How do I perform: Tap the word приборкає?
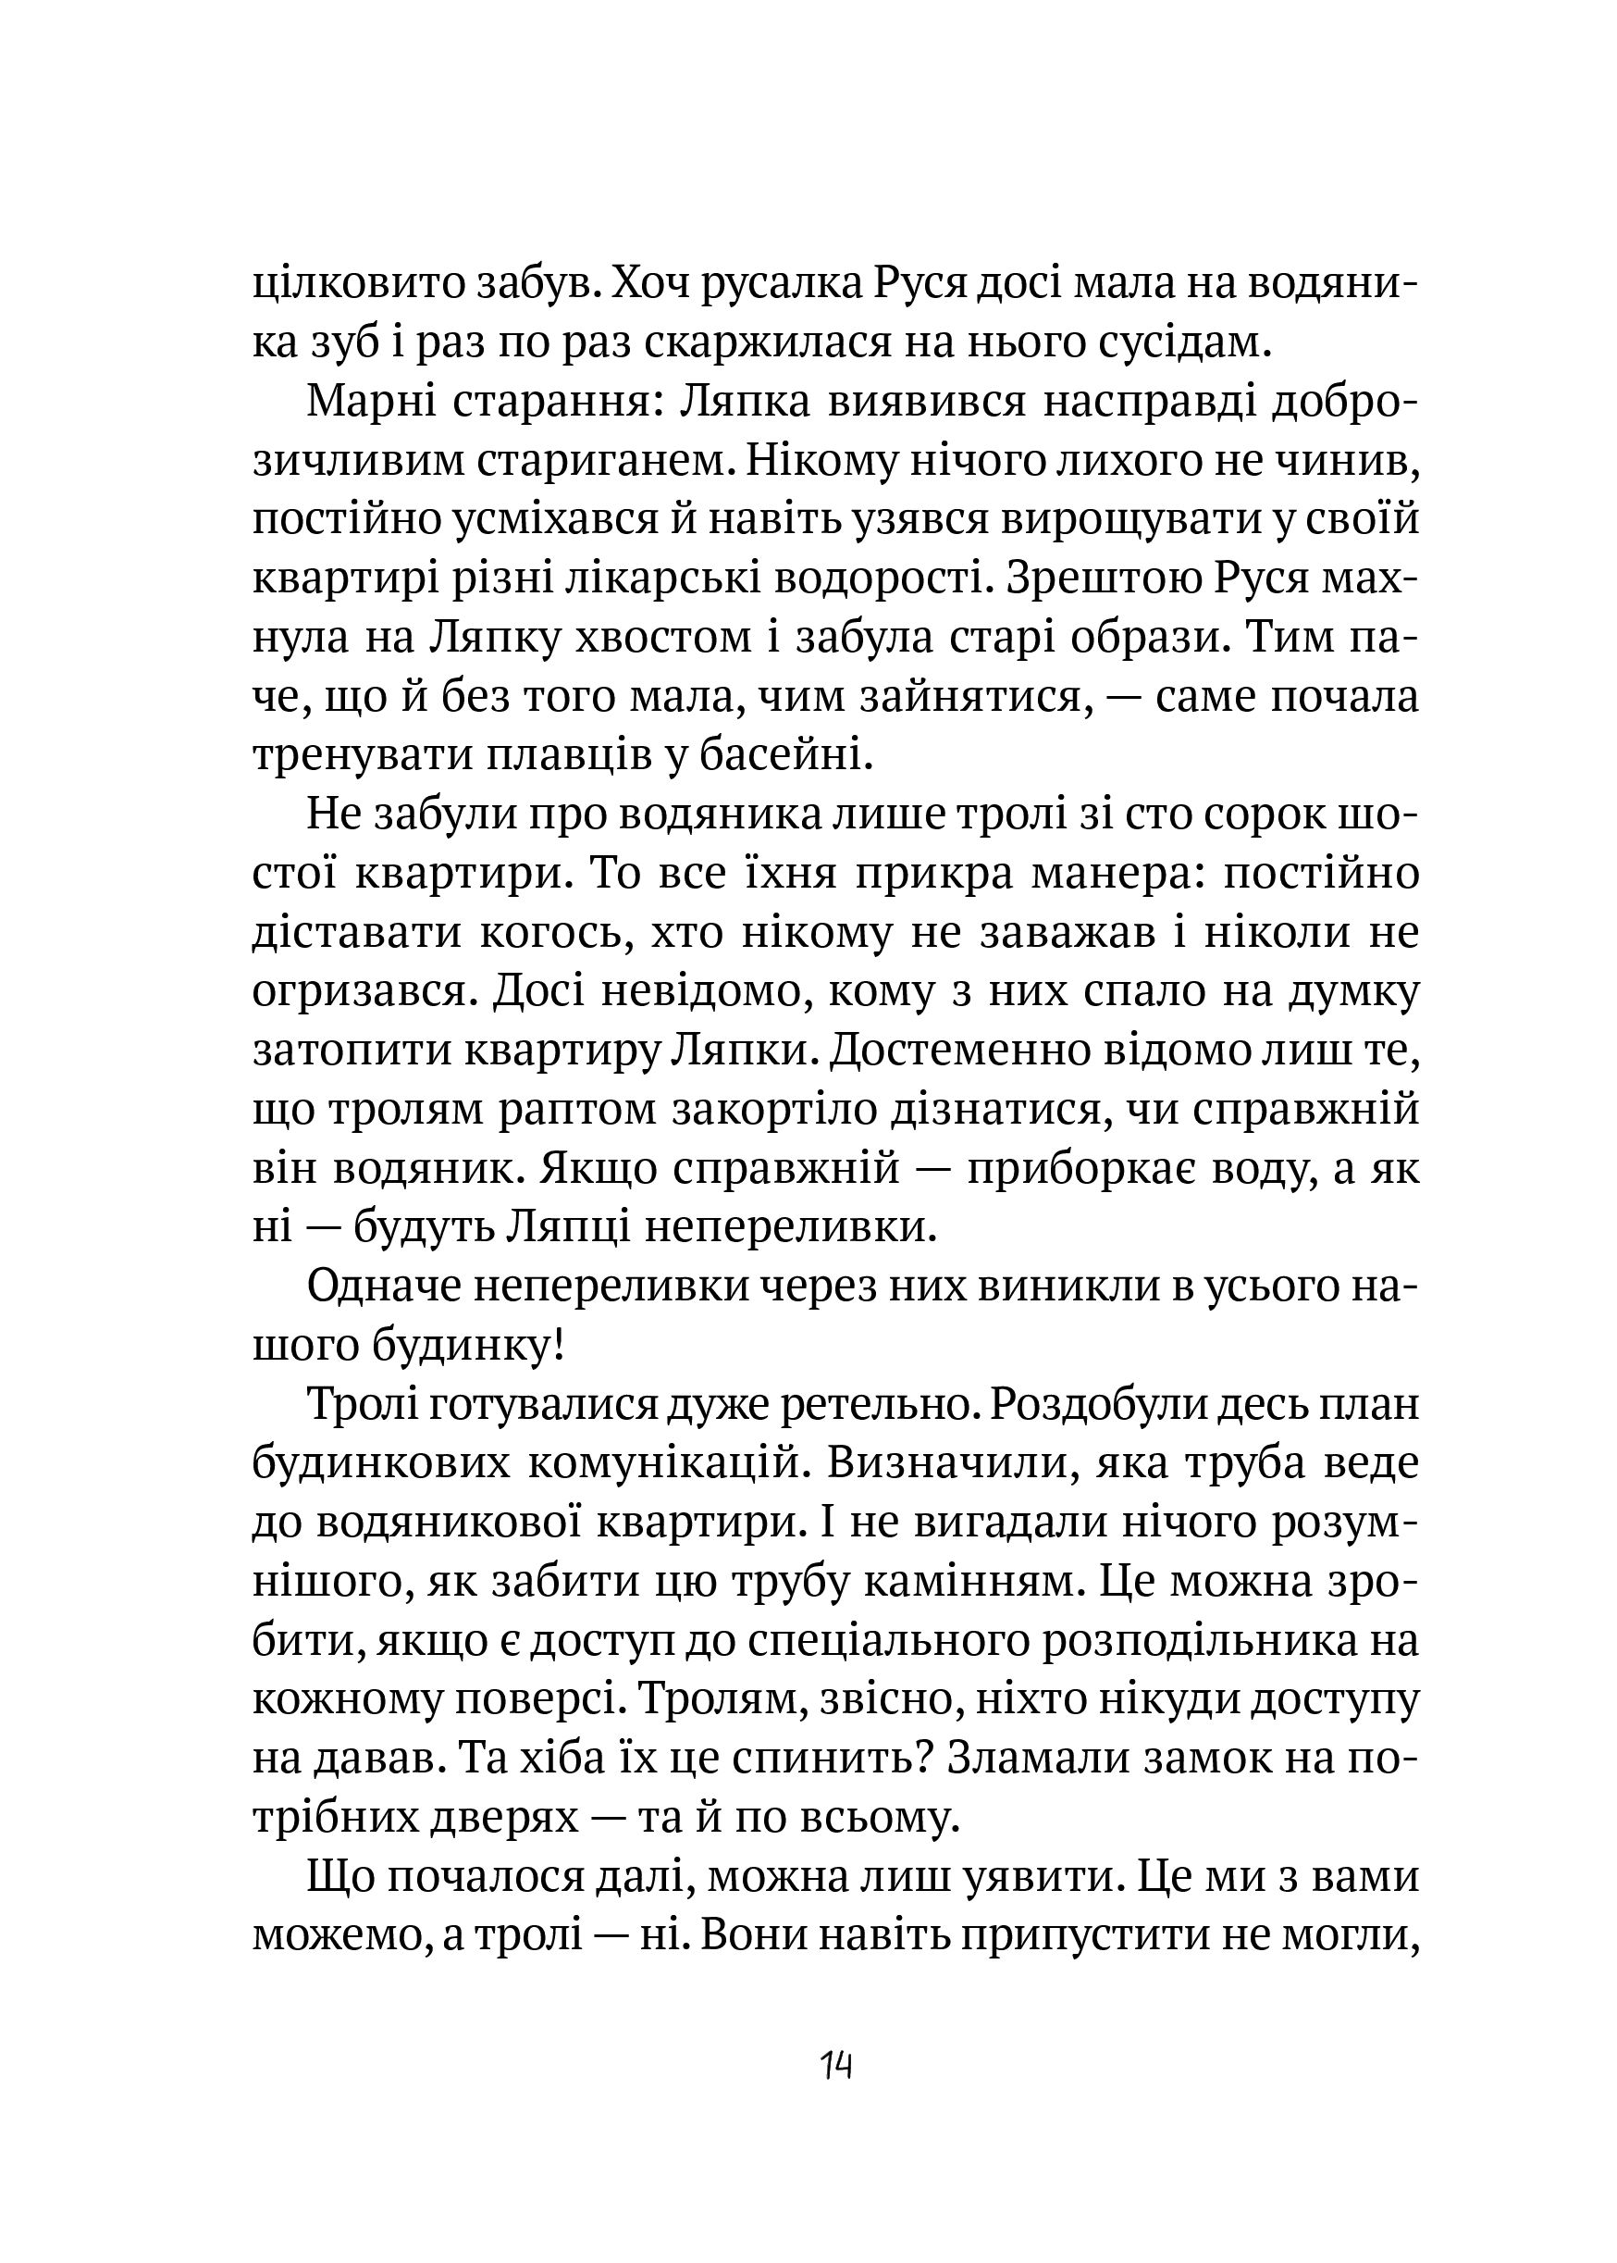(x=1070, y=1168)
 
